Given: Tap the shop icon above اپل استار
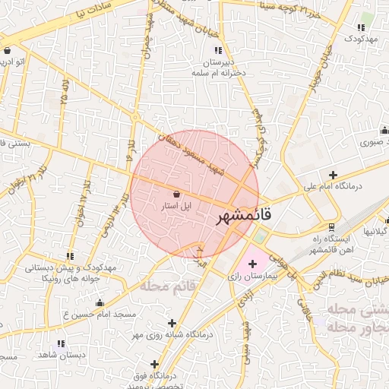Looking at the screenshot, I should click(176, 194).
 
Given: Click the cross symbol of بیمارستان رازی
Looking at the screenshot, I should click(252, 263).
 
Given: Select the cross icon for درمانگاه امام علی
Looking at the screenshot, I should click(332, 175).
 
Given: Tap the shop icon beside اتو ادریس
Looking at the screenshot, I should click(7, 50).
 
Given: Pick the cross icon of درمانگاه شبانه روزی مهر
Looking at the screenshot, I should click(172, 323).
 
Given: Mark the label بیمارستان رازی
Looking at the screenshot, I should click(255, 277).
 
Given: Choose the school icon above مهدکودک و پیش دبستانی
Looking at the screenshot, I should click(70, 257).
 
